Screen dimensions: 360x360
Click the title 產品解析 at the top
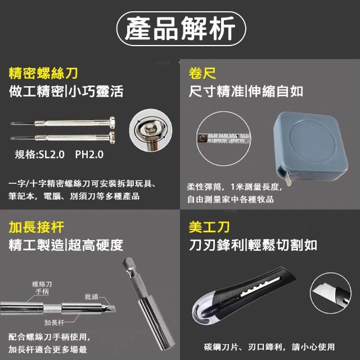pyautogui.click(x=180, y=29)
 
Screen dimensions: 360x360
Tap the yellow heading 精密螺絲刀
pyautogui.click(x=43, y=73)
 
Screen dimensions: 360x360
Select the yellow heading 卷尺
pyautogui.click(x=202, y=73)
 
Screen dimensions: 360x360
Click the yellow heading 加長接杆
pyautogui.click(x=36, y=227)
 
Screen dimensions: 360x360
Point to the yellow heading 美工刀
pyautogui.click(x=209, y=227)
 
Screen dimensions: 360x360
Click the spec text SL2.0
pyautogui.click(x=52, y=155)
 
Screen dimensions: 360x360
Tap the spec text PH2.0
pyautogui.click(x=89, y=155)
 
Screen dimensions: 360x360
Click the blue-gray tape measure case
pyautogui.click(x=311, y=146)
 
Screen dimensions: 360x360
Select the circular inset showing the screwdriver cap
pyautogui.click(x=151, y=130)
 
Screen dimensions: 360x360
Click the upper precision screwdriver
pyautogui.click(x=62, y=123)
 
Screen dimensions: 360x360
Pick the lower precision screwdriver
pyautogui.click(x=62, y=137)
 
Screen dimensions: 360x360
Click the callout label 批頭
pyautogui.click(x=91, y=296)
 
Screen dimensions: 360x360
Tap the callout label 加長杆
pyautogui.click(x=54, y=322)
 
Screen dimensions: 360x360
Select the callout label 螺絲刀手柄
pyautogui.click(x=42, y=288)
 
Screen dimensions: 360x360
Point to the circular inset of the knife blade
pyautogui.click(x=331, y=293)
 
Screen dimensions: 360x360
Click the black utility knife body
pyautogui.click(x=244, y=295)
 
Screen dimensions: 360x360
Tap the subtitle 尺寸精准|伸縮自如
pyautogui.click(x=246, y=91)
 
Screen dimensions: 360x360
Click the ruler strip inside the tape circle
pyautogui.click(x=224, y=138)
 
